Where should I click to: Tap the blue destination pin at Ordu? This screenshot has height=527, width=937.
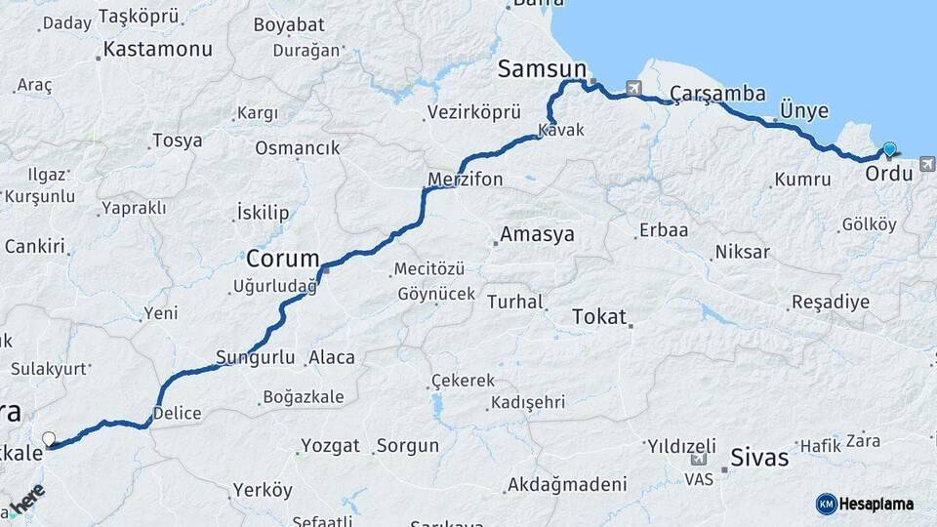click(889, 150)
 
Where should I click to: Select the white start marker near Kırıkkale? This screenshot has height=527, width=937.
click(49, 439)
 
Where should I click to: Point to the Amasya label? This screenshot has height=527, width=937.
click(537, 234)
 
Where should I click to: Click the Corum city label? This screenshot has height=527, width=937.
click(283, 259)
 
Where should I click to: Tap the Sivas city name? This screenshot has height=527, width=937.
click(759, 458)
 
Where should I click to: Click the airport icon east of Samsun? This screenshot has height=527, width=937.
click(635, 88)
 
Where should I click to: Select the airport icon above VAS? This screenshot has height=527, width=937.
click(699, 459)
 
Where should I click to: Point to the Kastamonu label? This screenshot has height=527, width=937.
click(157, 48)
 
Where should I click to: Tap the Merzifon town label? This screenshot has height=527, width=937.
click(466, 180)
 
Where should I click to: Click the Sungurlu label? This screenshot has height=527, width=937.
click(256, 357)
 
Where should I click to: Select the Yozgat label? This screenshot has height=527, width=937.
click(331, 446)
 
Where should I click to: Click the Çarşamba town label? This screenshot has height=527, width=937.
click(704, 94)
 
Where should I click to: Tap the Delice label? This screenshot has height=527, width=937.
click(179, 413)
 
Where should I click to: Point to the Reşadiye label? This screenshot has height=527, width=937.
click(831, 302)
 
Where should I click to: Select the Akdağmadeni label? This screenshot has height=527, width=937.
click(567, 484)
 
